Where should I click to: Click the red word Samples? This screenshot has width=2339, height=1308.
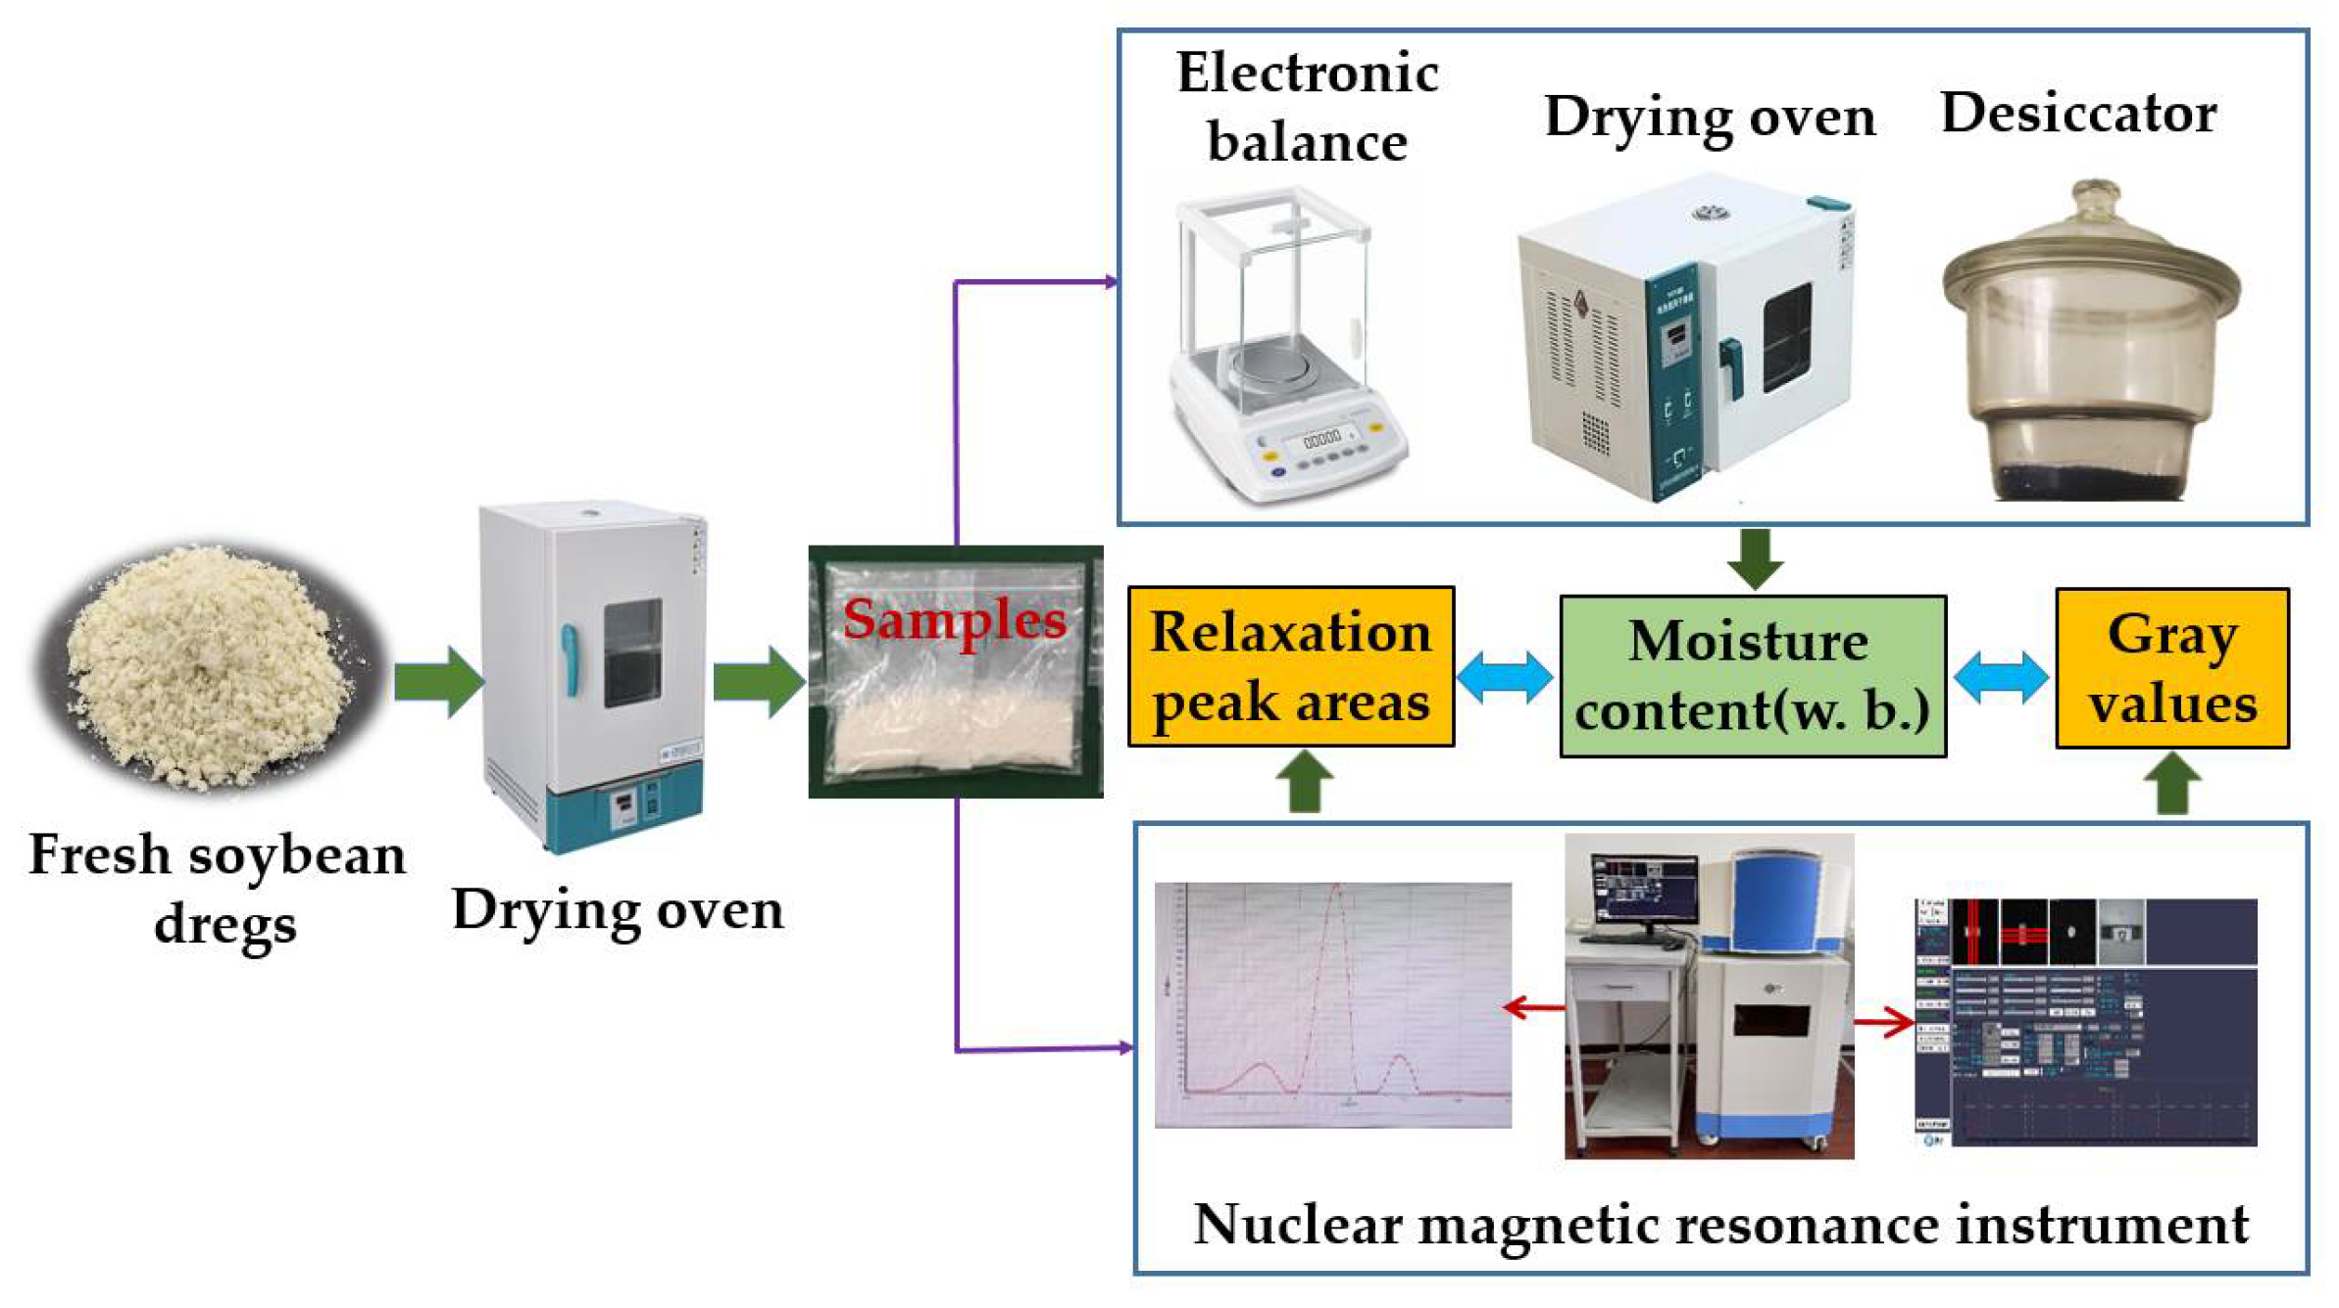pyautogui.click(x=954, y=619)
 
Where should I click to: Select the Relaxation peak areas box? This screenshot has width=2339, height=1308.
pyautogui.click(x=1290, y=667)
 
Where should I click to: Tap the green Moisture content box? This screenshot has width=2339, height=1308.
pyautogui.click(x=1752, y=676)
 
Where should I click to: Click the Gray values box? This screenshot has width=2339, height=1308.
pyautogui.click(x=2171, y=668)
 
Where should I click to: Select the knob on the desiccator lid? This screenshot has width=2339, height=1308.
pyautogui.click(x=2094, y=197)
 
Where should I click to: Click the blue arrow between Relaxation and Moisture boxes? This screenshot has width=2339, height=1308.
pyautogui.click(x=1505, y=676)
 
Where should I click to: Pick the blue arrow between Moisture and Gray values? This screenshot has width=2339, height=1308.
pyautogui.click(x=2001, y=676)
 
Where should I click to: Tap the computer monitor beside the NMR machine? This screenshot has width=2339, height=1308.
pyautogui.click(x=1645, y=888)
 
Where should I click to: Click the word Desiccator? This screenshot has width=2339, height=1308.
pyautogui.click(x=2078, y=113)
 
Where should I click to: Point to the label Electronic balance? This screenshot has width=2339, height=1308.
pyautogui.click(x=1307, y=107)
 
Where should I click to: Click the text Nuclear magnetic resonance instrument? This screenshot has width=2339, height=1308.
pyautogui.click(x=1720, y=1224)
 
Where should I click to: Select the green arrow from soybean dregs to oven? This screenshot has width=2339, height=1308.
pyautogui.click(x=437, y=681)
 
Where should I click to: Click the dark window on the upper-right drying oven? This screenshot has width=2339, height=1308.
pyautogui.click(x=1786, y=338)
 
